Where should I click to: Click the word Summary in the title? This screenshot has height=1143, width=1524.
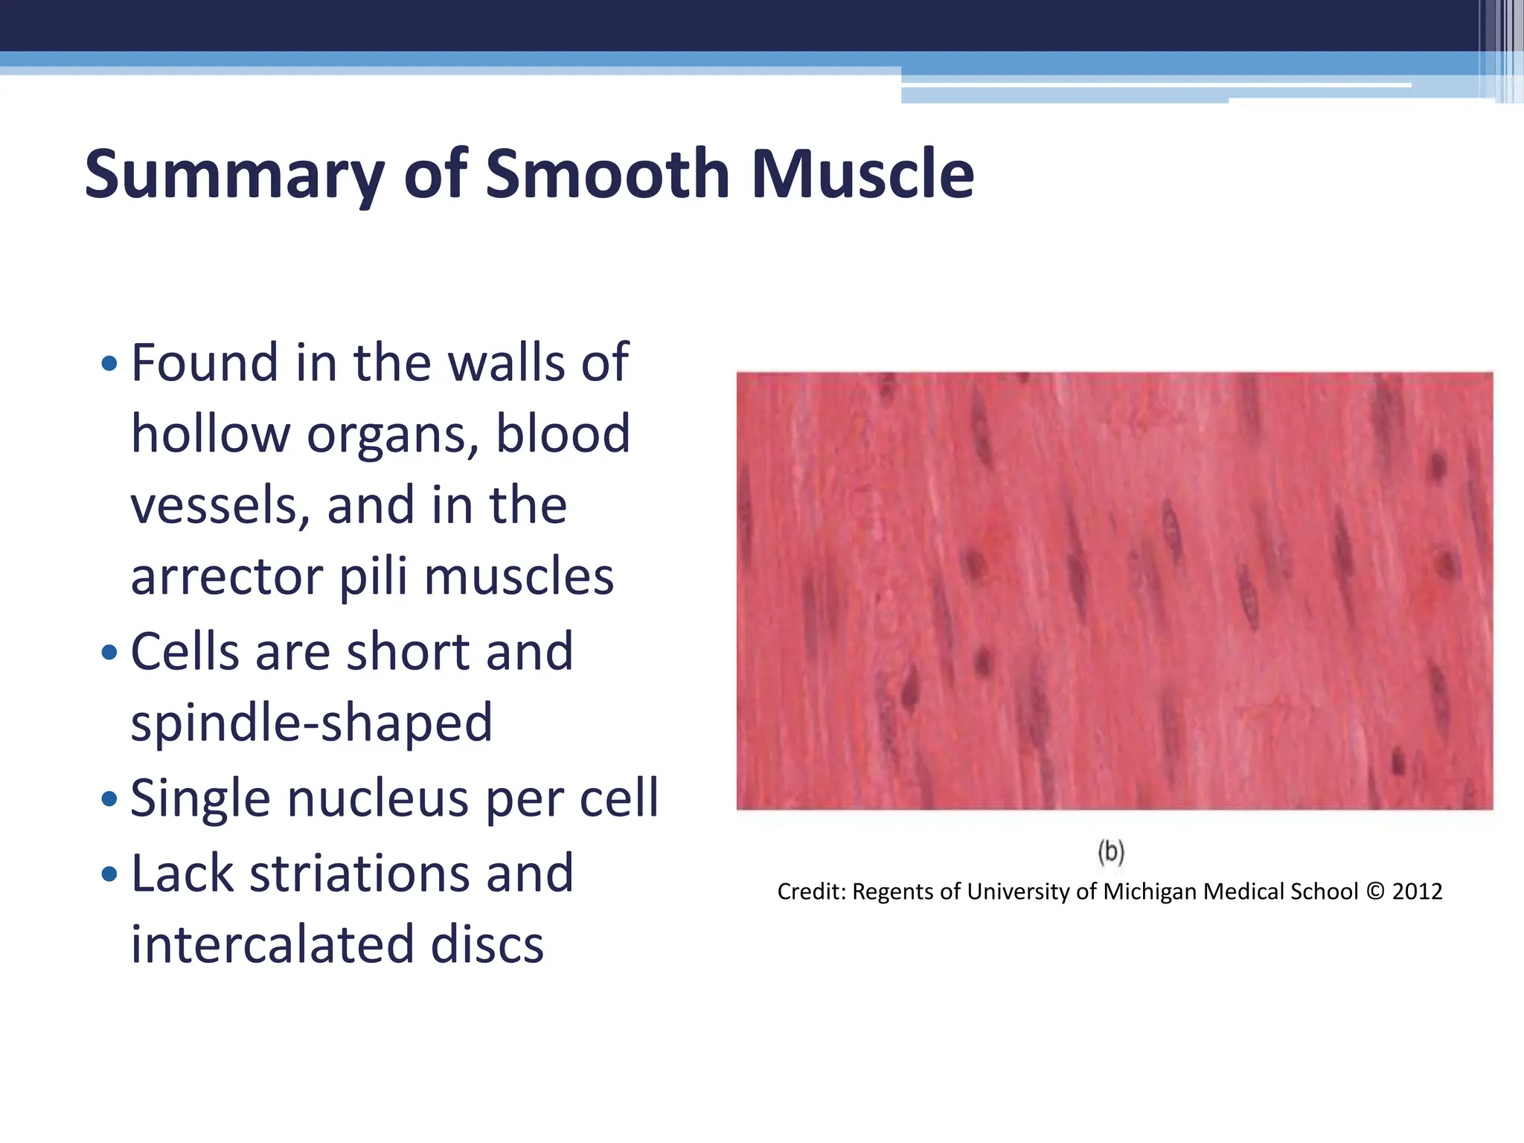[x=234, y=175]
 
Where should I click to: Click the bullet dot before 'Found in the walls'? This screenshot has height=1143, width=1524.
[x=109, y=364]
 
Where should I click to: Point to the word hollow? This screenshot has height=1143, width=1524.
[x=210, y=435]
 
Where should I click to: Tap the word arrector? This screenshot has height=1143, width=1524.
[x=227, y=577]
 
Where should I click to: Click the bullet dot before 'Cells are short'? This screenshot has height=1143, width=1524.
[x=109, y=653]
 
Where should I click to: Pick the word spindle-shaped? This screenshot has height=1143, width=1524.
[x=311, y=723]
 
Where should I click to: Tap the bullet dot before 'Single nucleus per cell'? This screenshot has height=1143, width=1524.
[x=109, y=799]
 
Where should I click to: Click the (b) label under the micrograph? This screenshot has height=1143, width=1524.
[x=1111, y=851]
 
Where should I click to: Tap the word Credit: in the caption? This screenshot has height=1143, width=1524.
[x=812, y=891]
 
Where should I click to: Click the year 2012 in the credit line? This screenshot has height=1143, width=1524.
[x=1417, y=891]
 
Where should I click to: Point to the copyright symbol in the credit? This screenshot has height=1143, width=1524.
[x=1375, y=891]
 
